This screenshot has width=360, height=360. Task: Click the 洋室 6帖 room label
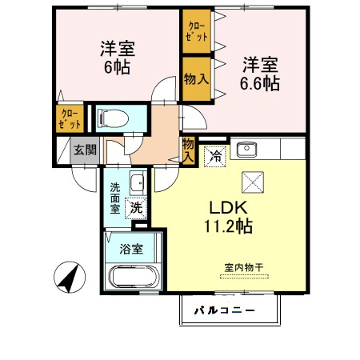[117, 58]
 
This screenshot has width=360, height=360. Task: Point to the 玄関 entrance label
[86, 150]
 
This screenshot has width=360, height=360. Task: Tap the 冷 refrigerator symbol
[214, 155]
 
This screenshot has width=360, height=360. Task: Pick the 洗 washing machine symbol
[137, 206]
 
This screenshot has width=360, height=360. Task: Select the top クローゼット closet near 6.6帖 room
[197, 32]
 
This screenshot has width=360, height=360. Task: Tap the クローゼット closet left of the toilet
[70, 120]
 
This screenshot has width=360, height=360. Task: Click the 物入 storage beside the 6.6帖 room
[196, 78]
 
